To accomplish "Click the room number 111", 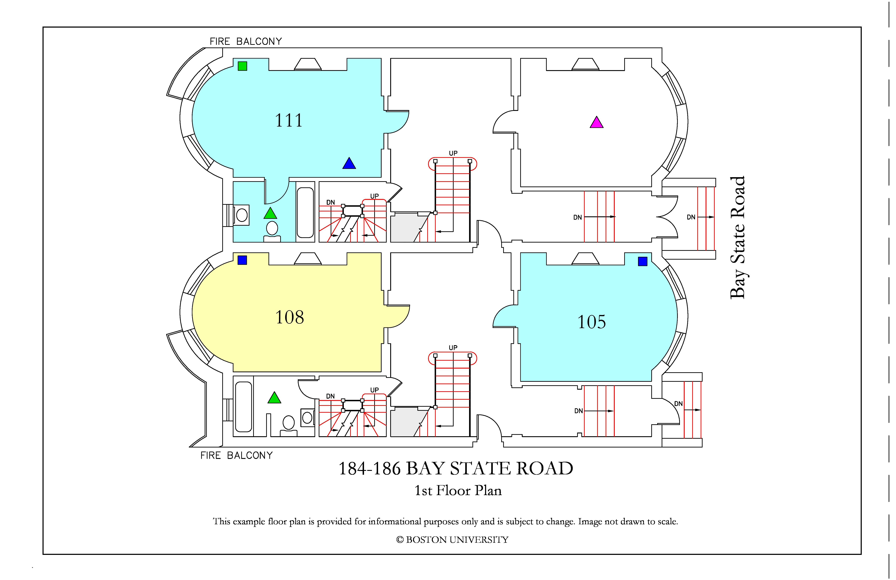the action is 289,121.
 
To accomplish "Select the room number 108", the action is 290,317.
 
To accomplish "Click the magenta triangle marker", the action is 597,122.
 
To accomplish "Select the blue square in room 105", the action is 643,261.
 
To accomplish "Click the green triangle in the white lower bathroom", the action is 274,398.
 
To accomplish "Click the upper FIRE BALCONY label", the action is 246,41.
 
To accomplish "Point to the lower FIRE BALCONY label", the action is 236,456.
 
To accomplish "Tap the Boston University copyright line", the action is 452,540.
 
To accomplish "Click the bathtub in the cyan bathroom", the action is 305,212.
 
